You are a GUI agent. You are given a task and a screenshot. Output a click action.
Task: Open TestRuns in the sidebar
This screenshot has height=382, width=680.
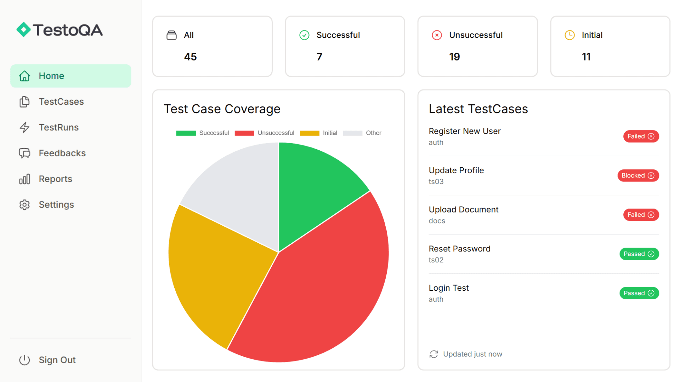coord(58,127)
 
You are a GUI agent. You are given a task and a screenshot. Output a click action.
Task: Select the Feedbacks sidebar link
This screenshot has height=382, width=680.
coord(62,153)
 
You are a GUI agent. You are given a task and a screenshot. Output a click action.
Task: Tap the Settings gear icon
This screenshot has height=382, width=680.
coord(24,205)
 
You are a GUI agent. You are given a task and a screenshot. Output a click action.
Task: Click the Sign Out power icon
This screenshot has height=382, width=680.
coord(24,360)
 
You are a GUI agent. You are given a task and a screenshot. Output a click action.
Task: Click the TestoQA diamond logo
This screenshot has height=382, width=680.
coord(24,30)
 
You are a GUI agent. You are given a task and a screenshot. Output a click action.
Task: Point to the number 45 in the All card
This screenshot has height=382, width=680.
coord(190,57)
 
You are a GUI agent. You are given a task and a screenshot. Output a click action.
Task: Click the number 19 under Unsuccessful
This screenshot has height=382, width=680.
coord(454,57)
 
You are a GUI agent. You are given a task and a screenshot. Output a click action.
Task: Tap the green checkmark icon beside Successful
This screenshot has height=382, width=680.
coord(304,35)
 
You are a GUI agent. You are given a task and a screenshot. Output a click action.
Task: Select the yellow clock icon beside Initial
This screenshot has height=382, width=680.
coord(569,35)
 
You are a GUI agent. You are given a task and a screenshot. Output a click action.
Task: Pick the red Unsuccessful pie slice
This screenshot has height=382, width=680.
coord(319,290)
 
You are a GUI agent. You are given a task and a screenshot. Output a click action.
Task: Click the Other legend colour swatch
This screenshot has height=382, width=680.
coord(352,133)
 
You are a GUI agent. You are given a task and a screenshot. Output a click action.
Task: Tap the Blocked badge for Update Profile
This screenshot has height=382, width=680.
coord(638,176)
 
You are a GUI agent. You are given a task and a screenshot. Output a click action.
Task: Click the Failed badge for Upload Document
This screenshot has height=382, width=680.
coord(641,215)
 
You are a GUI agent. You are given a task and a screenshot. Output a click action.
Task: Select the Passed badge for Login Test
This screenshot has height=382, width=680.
coord(639,293)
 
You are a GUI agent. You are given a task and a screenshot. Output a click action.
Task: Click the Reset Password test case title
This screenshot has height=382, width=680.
coord(459,249)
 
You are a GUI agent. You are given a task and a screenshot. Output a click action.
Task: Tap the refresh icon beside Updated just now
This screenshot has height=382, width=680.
coord(433,354)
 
